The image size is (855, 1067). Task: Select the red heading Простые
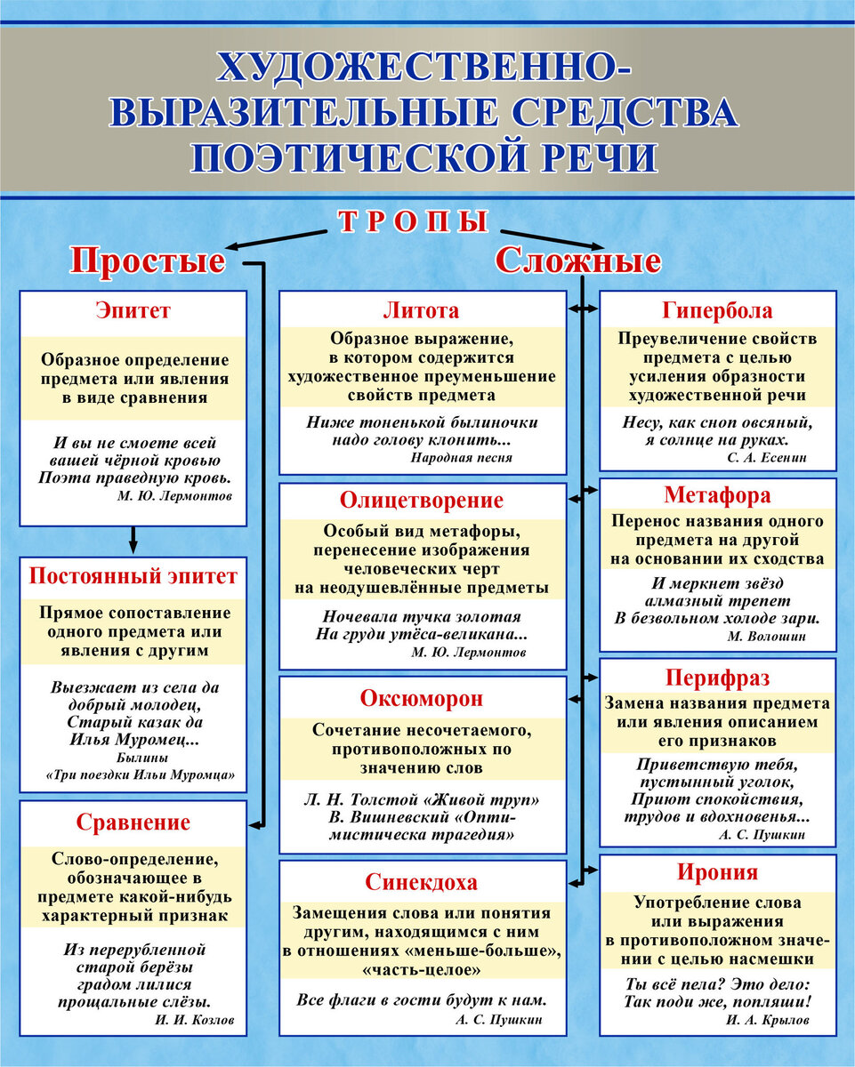pos(148,262)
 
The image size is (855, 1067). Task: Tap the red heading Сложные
pos(578,261)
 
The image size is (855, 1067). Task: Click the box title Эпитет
pos(133,311)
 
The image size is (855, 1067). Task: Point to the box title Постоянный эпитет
pos(133,574)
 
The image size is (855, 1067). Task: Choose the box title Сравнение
pos(133,822)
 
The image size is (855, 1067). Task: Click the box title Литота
pos(422,311)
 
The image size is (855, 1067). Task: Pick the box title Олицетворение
pos(422,501)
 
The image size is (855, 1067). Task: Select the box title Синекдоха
pos(422,882)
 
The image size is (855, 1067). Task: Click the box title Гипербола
pos(717,311)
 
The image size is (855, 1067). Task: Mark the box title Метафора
pos(717,495)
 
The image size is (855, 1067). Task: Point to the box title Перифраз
pos(717,678)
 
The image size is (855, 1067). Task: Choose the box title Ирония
pos(717,872)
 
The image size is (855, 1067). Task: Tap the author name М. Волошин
pos(774,637)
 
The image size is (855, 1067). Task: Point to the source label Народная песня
pos(462,458)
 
